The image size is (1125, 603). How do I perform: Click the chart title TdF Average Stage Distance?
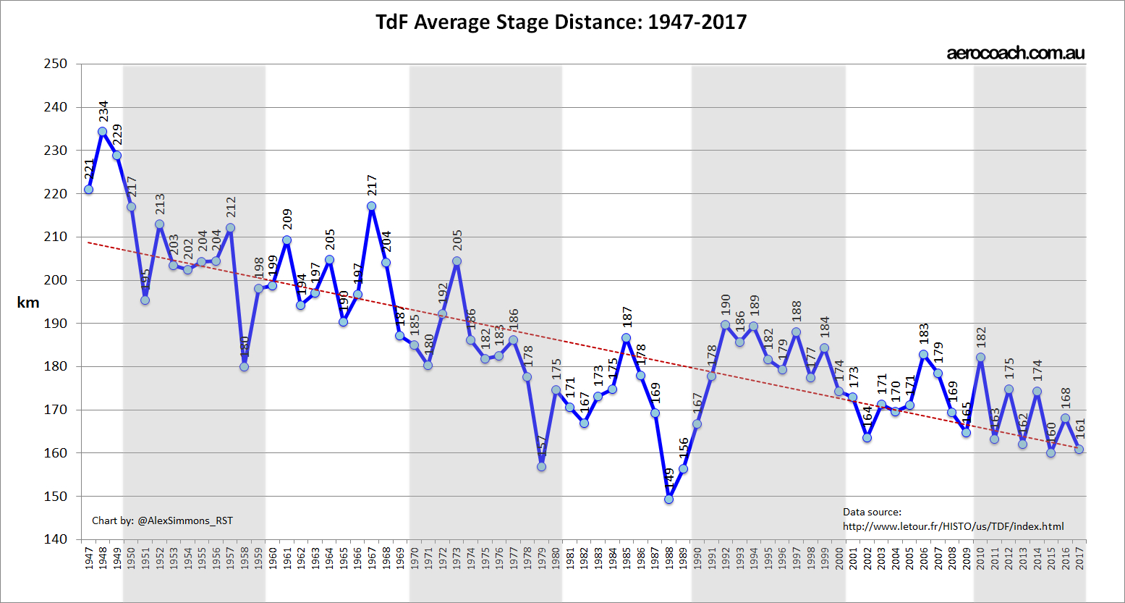561,22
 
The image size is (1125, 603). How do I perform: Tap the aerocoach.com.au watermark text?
1015,53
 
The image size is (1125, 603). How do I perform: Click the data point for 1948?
103,132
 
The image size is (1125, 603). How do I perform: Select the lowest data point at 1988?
668,499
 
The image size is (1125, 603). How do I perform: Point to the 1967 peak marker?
371,206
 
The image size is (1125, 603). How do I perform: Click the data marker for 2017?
1079,449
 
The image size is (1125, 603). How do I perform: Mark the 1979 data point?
541,466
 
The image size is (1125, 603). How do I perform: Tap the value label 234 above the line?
103,111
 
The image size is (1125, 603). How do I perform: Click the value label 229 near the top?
117,135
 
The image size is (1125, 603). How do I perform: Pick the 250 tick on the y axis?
56,64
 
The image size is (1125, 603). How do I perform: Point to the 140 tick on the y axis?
56,539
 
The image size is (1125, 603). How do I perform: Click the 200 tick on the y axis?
56,280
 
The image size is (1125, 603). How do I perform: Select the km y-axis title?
28,303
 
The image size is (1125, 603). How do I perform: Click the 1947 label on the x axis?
89,559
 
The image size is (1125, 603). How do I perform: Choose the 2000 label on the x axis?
839,559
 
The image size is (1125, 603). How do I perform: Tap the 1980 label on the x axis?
556,559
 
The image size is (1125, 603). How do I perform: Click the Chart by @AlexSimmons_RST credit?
162,520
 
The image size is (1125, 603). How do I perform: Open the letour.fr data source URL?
953,526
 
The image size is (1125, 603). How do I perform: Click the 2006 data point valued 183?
923,355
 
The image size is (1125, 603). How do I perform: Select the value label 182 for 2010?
981,338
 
